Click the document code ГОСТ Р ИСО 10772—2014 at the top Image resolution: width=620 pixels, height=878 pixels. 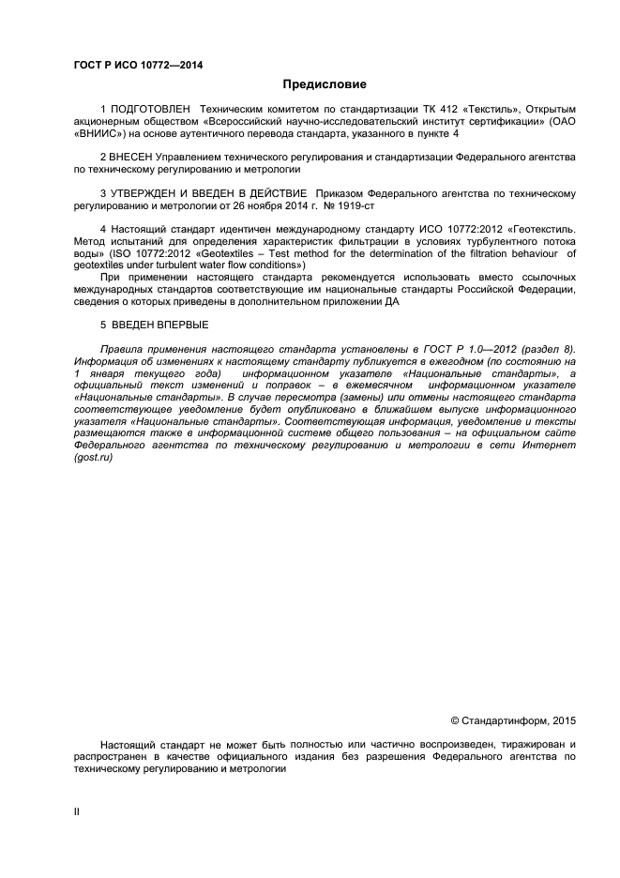[x=138, y=66]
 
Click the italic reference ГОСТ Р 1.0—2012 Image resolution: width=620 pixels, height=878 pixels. [x=457, y=349]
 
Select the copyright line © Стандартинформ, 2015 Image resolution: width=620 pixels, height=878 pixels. [x=513, y=721]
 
